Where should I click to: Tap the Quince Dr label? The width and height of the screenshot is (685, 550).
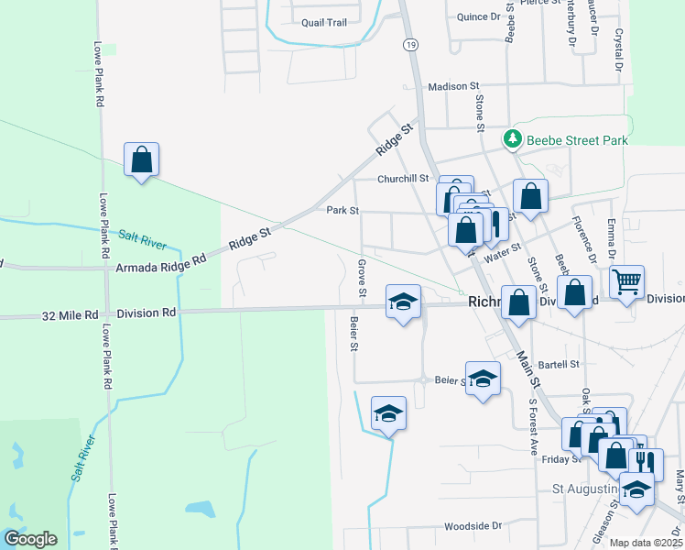(x=479, y=17)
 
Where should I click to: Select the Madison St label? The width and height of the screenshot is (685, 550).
(x=453, y=87)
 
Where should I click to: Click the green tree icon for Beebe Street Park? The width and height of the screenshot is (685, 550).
(x=512, y=140)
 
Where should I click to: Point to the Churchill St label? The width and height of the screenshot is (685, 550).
(x=403, y=179)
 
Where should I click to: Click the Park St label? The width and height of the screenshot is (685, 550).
(x=342, y=211)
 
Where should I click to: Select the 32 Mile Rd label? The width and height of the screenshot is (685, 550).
(x=70, y=313)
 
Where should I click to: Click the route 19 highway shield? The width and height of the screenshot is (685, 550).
(x=409, y=44)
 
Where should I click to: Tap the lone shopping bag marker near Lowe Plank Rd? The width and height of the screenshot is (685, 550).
(x=141, y=160)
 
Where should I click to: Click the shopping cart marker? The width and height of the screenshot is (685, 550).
(x=626, y=282)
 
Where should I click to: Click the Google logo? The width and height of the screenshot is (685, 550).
(x=30, y=539)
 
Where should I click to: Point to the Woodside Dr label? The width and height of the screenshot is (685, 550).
(x=473, y=527)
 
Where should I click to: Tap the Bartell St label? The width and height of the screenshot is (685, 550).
(x=561, y=364)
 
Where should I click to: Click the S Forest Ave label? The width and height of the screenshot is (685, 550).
(x=532, y=427)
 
